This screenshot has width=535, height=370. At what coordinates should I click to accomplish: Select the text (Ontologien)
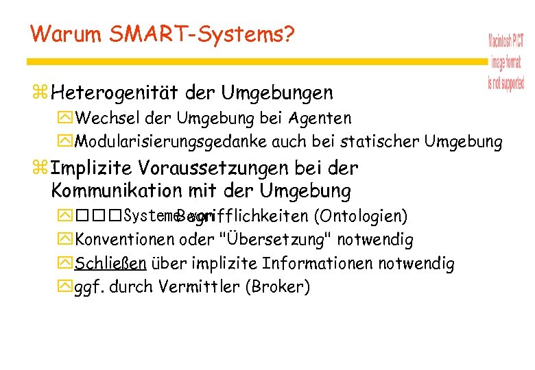click(x=360, y=217)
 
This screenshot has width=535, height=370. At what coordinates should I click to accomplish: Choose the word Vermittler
click(x=199, y=286)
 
